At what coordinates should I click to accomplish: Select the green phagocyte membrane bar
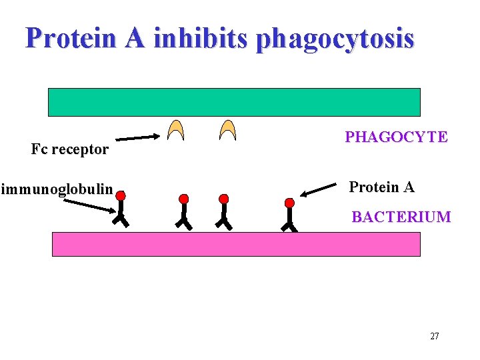(x=234, y=102)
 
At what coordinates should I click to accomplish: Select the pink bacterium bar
(x=236, y=244)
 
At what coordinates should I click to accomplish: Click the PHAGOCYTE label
(x=396, y=137)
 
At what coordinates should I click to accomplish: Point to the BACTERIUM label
(x=401, y=217)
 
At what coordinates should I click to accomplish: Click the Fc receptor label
(x=69, y=149)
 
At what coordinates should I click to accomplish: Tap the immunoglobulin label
(x=57, y=189)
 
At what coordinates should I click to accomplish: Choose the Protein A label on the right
(x=381, y=187)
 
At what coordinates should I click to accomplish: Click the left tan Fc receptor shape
(x=176, y=130)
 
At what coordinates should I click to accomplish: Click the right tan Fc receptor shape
(x=228, y=130)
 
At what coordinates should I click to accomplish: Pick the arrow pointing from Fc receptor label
(x=138, y=138)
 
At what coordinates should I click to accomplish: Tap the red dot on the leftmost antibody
(x=120, y=196)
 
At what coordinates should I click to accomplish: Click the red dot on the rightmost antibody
(x=289, y=202)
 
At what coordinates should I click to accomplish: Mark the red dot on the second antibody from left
(x=184, y=199)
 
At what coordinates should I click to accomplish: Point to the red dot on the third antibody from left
(x=224, y=199)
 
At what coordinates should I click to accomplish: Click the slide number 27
(x=435, y=336)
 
